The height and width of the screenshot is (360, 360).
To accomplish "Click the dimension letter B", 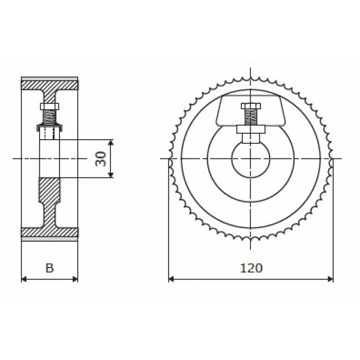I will [x=50, y=268].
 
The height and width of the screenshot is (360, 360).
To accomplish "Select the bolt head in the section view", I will [x=49, y=107].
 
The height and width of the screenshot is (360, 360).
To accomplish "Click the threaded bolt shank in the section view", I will [x=49, y=116].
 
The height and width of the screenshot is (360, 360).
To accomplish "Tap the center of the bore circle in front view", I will [x=250, y=159].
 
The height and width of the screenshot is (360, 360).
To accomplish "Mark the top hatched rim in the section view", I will [x=49, y=83].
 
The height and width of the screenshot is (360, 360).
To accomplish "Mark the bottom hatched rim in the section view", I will [x=49, y=232].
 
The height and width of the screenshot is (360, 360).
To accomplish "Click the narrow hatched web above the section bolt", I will [x=49, y=96].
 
